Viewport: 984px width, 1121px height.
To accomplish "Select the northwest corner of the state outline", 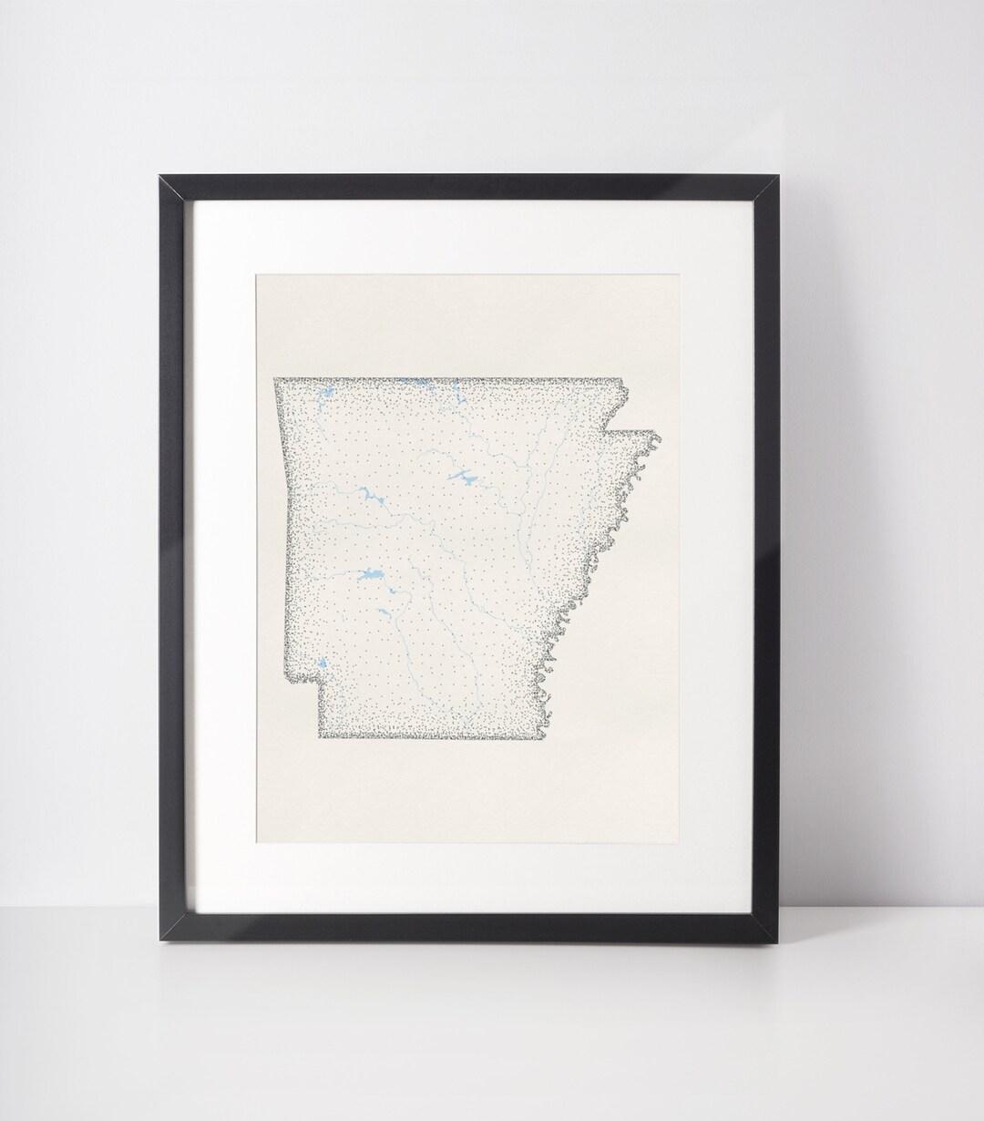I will [274, 378].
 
